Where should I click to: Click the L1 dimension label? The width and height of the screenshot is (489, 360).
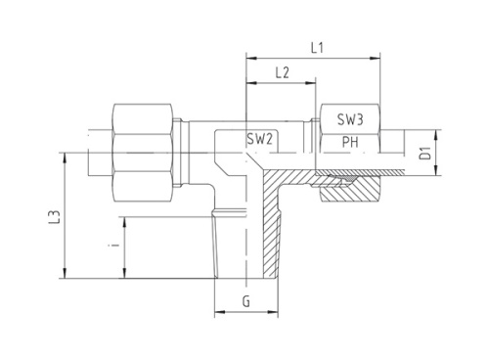pos(315,44)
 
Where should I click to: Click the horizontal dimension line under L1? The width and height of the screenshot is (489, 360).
pos(313,55)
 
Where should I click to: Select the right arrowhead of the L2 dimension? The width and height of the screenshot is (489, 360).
pos(315,83)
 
